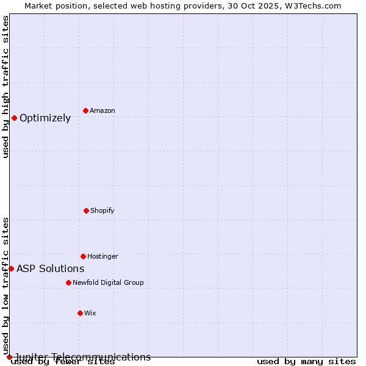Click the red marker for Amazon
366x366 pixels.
[85, 110]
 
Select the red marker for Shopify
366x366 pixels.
[86, 210]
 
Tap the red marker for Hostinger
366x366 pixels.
[83, 256]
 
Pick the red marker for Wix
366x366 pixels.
[80, 313]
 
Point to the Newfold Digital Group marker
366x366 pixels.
[68, 282]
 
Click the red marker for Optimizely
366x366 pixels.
[14, 118]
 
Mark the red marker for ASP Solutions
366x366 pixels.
[11, 268]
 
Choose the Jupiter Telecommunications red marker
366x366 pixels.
[9, 357]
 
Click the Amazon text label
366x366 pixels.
[102, 110]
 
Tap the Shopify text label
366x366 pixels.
[102, 210]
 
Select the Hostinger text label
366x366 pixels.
[102, 256]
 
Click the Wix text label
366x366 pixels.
[90, 313]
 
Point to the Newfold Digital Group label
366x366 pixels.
[108, 282]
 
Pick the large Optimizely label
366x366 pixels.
[45, 118]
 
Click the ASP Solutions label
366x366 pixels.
[51, 269]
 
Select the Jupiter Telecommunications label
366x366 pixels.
[83, 357]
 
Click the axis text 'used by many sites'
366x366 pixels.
[306, 362]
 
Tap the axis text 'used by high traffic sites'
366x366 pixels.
[6, 87]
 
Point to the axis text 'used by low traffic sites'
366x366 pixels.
[6, 285]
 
